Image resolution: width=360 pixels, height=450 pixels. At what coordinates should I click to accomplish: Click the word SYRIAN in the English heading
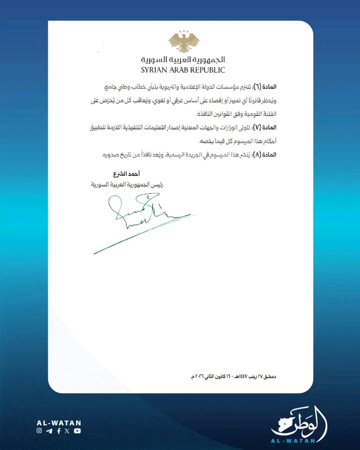click(154, 70)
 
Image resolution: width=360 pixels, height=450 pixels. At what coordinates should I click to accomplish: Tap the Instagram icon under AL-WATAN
click(39, 430)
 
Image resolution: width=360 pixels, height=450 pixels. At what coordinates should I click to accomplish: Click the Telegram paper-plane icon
click(49, 430)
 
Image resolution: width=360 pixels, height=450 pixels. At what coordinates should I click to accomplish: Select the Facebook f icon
click(58, 430)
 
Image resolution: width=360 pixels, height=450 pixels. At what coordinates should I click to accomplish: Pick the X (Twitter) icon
click(67, 430)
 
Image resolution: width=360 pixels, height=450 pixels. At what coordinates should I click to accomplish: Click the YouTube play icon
click(77, 430)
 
